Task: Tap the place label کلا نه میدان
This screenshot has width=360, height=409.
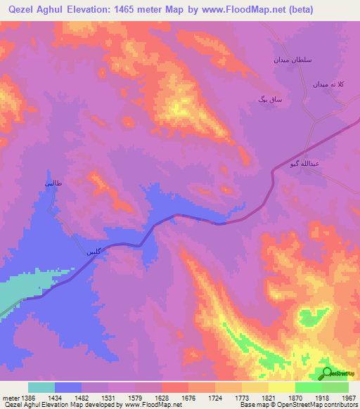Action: click(328, 84)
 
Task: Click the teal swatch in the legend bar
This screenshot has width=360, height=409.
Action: click(41, 387)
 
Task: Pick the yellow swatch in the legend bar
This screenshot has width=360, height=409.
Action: click(282, 387)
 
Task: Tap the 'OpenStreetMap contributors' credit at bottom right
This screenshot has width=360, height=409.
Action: click(314, 405)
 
